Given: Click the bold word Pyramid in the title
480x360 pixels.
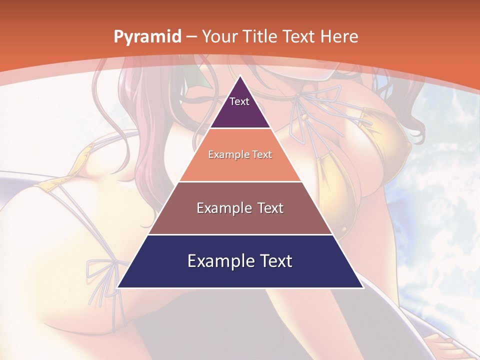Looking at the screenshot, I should click(x=147, y=37).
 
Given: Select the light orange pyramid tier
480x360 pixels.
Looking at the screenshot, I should click(x=240, y=165).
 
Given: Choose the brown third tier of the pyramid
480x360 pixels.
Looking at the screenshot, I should click(x=240, y=220).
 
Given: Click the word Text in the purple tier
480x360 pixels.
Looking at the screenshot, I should click(x=239, y=101).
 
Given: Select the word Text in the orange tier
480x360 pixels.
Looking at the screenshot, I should click(x=262, y=155).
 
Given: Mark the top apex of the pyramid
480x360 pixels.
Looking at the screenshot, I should click(x=240, y=76).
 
